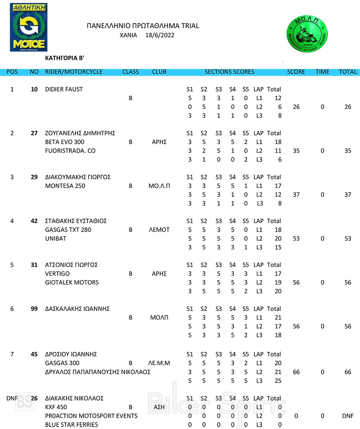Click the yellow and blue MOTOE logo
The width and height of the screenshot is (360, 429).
pos(29,27)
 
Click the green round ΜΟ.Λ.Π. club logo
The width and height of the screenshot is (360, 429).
pos(307,36)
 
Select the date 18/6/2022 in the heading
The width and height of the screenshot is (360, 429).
pos(160,35)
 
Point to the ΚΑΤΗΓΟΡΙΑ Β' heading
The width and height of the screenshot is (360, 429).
pos(65,58)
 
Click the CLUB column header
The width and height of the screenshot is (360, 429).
pos(159,72)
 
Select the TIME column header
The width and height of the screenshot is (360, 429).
pos(322,72)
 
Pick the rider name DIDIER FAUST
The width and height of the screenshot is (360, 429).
pos(64,89)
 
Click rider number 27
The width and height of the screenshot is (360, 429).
pos(34,133)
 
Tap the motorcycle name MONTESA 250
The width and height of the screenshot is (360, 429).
pos(65,186)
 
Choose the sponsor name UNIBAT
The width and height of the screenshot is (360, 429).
pos(56,238)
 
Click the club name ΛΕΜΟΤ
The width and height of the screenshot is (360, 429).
pos(159,230)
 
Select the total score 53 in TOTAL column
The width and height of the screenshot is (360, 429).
pos(347,238)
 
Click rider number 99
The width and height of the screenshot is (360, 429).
pos(34,309)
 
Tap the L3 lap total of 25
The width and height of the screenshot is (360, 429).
pos(278,381)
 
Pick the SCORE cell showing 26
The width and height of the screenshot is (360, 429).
pos(296,107)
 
